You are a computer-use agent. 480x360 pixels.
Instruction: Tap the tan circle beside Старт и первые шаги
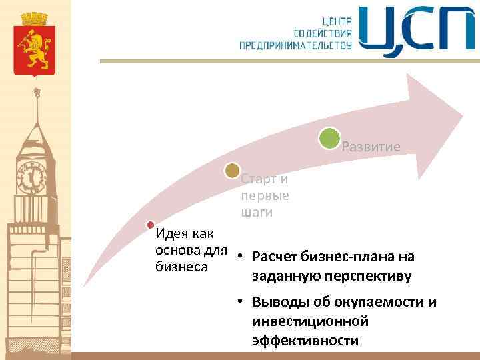click(x=232, y=171)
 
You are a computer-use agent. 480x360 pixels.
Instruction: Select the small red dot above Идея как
click(x=151, y=225)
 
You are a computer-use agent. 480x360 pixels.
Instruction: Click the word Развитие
click(x=371, y=147)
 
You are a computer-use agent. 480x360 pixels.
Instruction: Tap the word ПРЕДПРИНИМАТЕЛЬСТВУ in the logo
click(x=295, y=45)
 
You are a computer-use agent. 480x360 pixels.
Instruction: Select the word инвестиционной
click(x=311, y=322)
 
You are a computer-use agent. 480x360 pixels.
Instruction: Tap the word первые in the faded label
click(x=265, y=196)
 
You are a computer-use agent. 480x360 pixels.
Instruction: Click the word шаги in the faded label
click(x=257, y=213)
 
